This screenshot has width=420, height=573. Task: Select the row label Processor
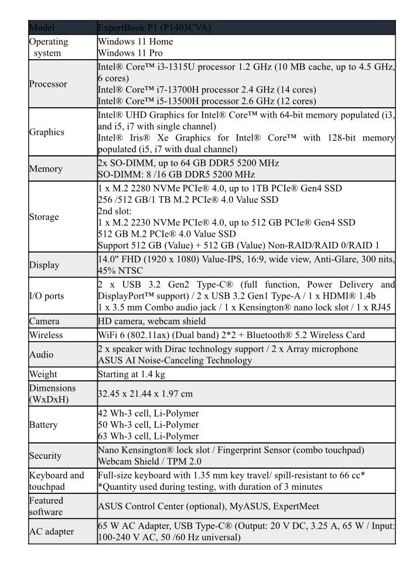tap(48, 84)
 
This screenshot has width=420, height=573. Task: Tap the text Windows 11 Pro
tap(128, 52)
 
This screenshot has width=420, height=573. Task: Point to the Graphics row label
tap(47, 132)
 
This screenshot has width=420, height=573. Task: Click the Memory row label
tap(46, 169)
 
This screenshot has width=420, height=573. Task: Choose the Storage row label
tap(44, 217)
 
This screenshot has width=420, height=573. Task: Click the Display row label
tap(44, 265)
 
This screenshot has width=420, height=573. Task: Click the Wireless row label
tap(46, 335)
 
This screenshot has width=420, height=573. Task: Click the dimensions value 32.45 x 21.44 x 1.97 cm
tap(145, 394)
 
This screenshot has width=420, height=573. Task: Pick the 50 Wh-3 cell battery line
tap(148, 424)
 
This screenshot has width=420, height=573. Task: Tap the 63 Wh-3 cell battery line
tap(148, 436)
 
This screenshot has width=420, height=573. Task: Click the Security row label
tap(46, 455)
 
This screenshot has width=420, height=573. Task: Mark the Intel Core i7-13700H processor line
tap(207, 89)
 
